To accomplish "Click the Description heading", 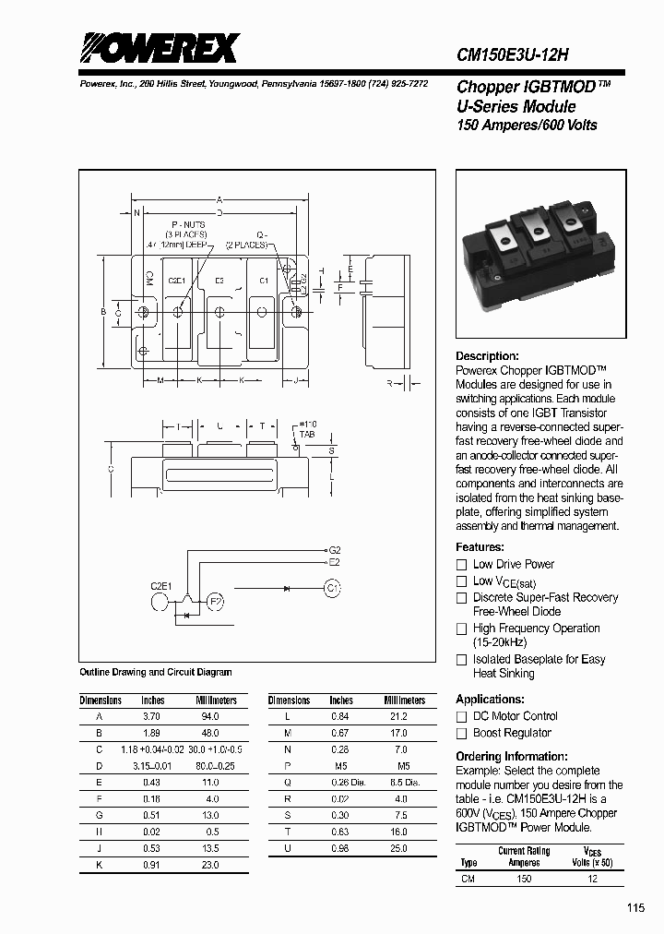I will (x=487, y=356).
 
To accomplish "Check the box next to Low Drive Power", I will (x=462, y=565).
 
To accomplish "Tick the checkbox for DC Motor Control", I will (x=462, y=716).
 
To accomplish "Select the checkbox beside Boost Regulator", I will (x=462, y=734).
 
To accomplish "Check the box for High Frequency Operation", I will (x=462, y=629).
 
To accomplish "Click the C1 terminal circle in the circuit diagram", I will (x=333, y=587).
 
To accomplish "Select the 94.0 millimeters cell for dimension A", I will (x=210, y=716).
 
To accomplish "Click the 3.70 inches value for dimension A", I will (x=152, y=716).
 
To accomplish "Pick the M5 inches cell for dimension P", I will (x=341, y=766).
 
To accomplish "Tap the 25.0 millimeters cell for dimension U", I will (x=399, y=849).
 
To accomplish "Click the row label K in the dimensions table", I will (x=99, y=866).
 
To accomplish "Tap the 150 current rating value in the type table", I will (x=524, y=879).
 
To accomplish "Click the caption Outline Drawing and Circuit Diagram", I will (x=156, y=673).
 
